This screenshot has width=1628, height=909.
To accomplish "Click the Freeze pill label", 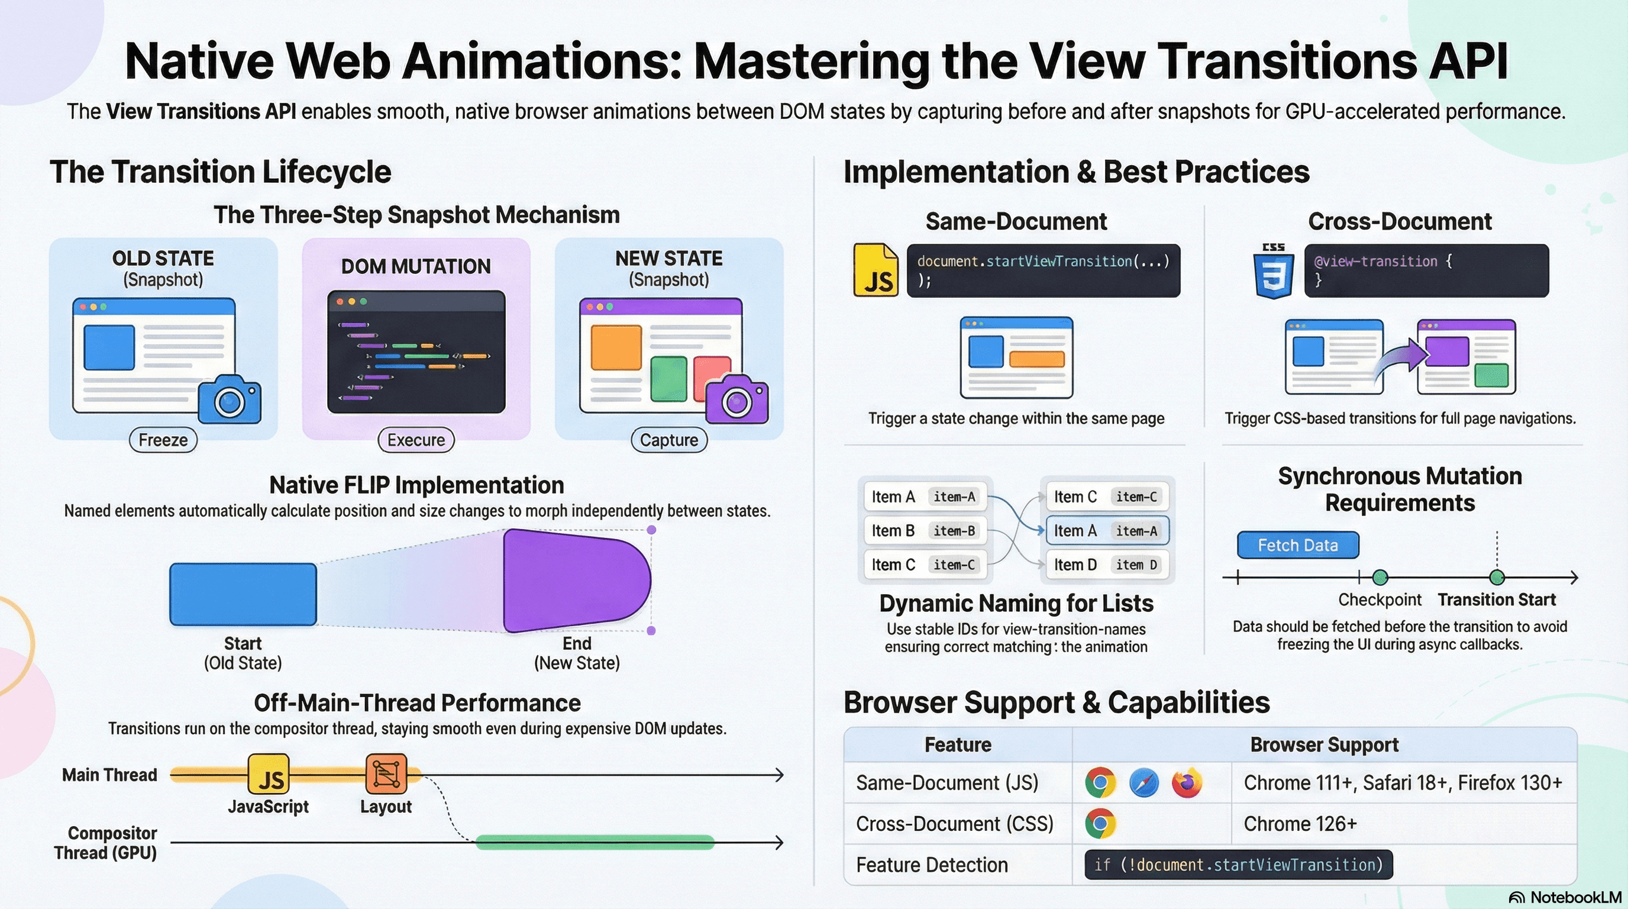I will (163, 439).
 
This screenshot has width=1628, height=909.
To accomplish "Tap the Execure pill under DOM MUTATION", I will (416, 439).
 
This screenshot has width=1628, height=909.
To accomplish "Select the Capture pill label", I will (668, 439).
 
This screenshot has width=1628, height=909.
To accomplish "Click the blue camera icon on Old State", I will (230, 399).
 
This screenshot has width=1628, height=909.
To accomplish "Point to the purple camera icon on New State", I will (737, 400).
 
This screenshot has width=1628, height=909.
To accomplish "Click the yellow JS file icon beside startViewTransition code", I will (876, 270).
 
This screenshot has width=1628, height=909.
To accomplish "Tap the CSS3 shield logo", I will (1274, 272).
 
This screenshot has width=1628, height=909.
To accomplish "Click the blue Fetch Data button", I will (1297, 545).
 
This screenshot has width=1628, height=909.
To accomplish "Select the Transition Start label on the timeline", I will (1496, 599).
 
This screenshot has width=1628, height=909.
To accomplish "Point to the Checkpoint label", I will (1379, 599).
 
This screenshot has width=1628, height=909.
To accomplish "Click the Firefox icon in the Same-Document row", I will (1187, 783).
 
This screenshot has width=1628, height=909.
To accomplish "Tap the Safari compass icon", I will (1144, 783).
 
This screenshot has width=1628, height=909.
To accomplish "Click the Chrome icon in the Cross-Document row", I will (1100, 824).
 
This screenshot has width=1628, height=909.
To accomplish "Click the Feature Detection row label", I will (932, 865).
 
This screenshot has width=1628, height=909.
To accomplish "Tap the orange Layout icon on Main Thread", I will (386, 773).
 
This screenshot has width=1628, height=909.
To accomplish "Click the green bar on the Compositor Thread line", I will (594, 842).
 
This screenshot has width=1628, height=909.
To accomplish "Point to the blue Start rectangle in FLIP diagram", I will (243, 594).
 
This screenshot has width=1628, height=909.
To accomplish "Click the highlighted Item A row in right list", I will (1107, 530).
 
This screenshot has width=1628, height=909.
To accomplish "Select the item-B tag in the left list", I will (954, 530).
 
